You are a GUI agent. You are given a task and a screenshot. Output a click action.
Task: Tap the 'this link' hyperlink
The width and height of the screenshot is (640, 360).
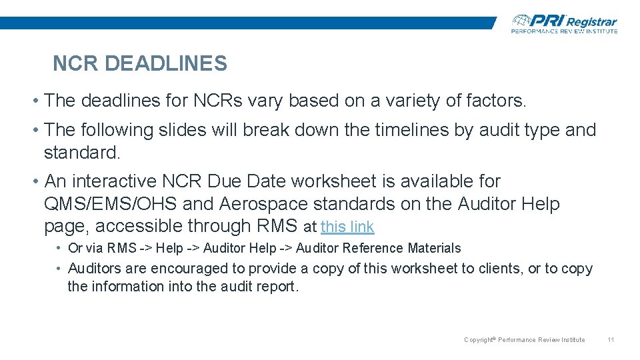(347, 227)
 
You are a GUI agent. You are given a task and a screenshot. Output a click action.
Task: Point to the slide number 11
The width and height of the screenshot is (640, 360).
(611, 340)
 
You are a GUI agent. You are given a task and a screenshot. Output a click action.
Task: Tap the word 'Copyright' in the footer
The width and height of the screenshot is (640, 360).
(479, 340)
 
